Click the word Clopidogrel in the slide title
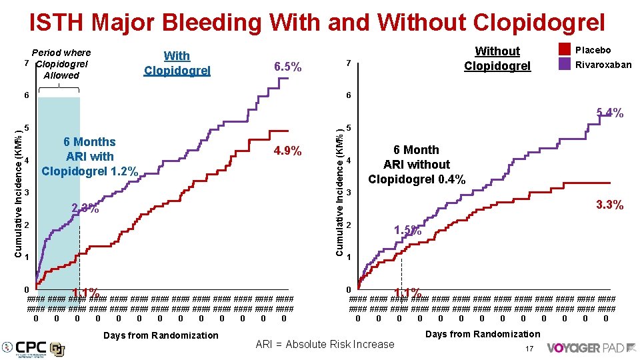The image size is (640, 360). (539, 22)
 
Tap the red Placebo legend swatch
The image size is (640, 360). (564, 49)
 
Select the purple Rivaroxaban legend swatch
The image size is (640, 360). (564, 64)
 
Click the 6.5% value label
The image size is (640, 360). (288, 67)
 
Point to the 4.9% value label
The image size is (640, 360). (288, 151)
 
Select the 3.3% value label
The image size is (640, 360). (609, 205)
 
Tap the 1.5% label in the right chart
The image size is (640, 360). (407, 231)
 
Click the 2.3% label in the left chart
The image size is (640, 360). (85, 209)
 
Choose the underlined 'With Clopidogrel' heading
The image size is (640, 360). (177, 63)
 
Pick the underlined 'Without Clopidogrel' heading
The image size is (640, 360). (497, 58)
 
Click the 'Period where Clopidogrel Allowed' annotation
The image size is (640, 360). (61, 63)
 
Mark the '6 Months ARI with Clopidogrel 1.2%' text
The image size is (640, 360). (89, 157)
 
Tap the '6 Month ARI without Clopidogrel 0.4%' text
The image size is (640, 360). (417, 165)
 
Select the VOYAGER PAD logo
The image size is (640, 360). (581, 347)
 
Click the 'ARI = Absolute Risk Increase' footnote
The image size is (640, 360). (325, 345)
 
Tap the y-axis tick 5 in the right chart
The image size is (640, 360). (348, 129)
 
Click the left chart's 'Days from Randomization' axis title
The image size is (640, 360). (161, 335)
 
